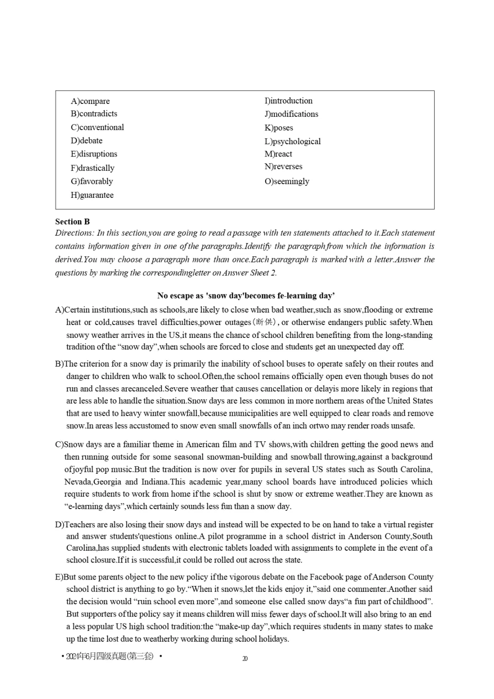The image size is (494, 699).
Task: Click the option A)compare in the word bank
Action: coord(90,101)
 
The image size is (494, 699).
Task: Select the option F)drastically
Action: coord(92,168)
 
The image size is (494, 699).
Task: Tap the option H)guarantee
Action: coord(92,195)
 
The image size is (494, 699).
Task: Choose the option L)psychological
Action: coord(292,141)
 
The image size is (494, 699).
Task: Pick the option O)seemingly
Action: coord(287,181)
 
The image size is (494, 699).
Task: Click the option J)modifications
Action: coord(291,114)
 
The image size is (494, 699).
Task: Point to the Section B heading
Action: coord(72,222)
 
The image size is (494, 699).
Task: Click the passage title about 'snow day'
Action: coord(246,296)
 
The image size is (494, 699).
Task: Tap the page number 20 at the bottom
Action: coord(245,658)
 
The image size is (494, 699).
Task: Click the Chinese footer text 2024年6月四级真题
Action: coord(110,656)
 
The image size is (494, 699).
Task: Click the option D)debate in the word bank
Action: coord(86,141)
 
